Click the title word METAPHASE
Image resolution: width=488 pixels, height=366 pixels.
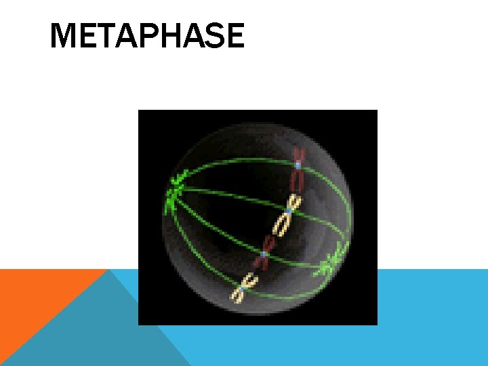tap(147, 36)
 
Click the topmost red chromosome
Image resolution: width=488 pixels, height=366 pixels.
tap(298, 169)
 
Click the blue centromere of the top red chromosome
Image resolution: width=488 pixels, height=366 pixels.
tap(298, 164)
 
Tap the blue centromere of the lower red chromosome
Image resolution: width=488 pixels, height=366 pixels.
tap(263, 256)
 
